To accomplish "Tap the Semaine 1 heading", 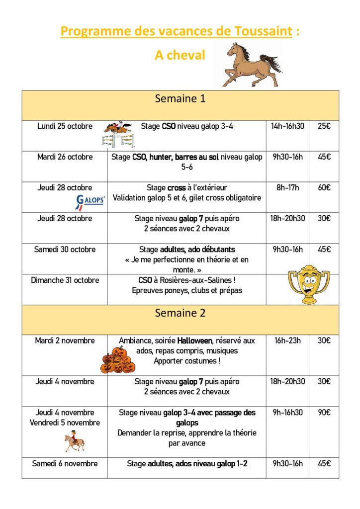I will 180,99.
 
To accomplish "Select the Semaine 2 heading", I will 180,313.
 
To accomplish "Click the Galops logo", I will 90,201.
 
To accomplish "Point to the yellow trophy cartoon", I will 309,284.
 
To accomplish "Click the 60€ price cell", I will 324,188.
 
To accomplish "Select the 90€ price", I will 324,413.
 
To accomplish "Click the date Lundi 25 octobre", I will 65,126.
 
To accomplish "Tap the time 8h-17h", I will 287,188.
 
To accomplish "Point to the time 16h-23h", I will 287,341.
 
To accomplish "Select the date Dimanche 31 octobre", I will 65,280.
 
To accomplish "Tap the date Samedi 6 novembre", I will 65,464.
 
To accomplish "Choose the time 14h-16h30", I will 287,126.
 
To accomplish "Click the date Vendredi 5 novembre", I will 65,423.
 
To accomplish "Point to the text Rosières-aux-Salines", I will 198,280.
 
